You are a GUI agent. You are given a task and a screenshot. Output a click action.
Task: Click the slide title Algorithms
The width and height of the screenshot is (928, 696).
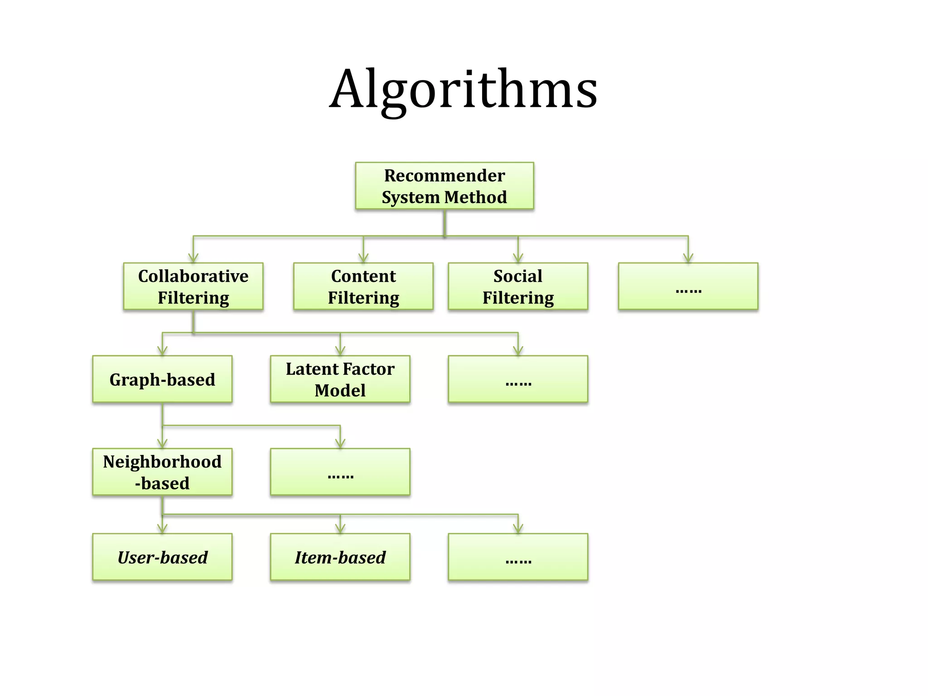463,89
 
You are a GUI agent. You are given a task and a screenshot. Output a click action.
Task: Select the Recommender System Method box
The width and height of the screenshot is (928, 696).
444,186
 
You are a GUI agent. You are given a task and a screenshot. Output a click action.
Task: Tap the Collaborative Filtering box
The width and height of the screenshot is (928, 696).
193,286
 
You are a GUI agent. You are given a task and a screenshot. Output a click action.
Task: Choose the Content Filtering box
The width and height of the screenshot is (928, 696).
363,286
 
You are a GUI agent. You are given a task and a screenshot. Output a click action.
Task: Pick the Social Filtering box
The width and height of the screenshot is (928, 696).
518,286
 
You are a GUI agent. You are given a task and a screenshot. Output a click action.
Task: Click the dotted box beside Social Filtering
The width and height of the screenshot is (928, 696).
688,286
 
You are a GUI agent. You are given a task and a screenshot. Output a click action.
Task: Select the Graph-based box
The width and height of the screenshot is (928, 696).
162,379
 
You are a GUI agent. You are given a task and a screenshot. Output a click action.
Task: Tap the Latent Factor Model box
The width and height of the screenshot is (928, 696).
340,379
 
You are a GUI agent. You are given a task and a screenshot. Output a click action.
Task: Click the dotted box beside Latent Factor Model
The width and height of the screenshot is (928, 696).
518,379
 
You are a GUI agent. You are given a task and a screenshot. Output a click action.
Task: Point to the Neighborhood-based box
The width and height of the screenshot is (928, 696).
162,472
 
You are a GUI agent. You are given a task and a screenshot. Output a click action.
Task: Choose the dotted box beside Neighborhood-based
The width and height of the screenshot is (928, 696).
340,472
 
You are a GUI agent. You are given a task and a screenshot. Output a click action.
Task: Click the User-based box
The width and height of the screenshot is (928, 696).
162,557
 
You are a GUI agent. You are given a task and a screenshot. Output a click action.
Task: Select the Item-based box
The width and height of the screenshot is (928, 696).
340,557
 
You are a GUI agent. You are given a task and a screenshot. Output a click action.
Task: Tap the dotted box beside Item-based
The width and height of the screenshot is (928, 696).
518,557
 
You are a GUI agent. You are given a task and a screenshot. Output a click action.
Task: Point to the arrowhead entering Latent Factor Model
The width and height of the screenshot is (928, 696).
340,351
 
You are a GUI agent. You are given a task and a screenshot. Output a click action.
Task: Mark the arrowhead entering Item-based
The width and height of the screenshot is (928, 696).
340,529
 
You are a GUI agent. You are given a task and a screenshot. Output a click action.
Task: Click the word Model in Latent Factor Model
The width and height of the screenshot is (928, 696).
340,391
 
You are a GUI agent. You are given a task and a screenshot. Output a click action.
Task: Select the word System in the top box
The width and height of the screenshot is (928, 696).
411,198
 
